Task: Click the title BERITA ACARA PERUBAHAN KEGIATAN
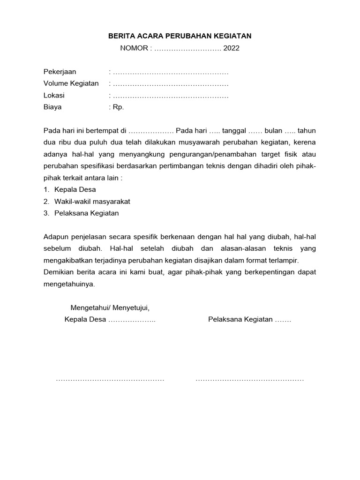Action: point(180,36)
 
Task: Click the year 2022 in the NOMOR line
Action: point(231,48)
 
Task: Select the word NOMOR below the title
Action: point(134,48)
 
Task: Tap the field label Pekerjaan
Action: point(60,72)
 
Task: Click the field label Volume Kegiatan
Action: point(71,83)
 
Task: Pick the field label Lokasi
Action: point(54,95)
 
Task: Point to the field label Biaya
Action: point(52,107)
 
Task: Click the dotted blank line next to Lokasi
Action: point(171,95)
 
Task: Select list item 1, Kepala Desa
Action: point(75,190)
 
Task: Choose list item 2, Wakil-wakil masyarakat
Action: point(92,202)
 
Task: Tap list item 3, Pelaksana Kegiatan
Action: point(86,213)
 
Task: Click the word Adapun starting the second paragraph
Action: point(56,237)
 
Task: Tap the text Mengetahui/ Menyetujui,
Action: point(110,308)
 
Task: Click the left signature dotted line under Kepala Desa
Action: point(110,379)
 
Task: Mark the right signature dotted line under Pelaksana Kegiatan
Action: point(249,379)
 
